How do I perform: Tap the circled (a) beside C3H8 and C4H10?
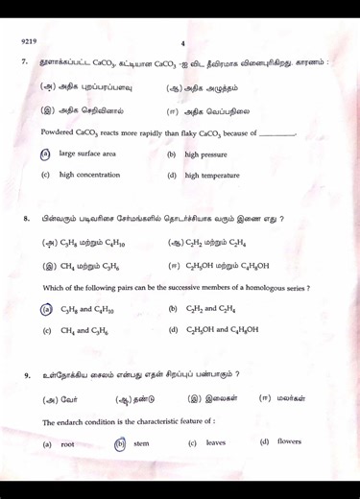click(x=45, y=310)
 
